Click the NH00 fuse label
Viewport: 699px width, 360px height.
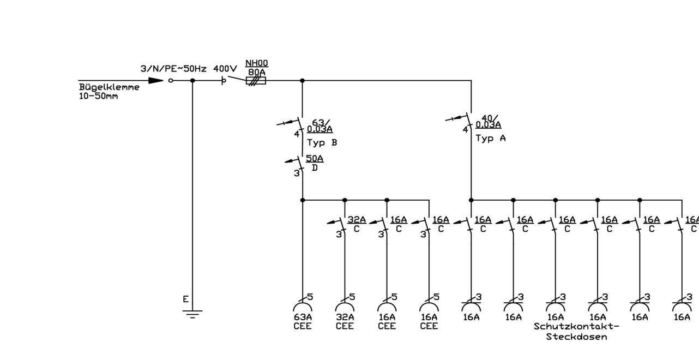click(x=256, y=63)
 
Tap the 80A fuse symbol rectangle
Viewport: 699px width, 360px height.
click(x=256, y=81)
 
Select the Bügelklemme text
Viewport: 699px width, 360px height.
click(x=109, y=87)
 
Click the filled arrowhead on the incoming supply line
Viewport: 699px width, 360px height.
click(x=156, y=81)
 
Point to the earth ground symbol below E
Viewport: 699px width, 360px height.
click(x=192, y=314)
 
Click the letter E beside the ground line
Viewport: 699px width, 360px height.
click(x=186, y=299)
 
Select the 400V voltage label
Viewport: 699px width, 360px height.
click(x=225, y=69)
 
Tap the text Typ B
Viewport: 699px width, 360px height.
click(x=322, y=143)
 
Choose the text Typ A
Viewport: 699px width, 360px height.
click(x=491, y=138)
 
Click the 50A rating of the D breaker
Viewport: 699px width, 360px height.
click(x=315, y=158)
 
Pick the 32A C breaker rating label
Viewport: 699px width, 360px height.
click(x=357, y=219)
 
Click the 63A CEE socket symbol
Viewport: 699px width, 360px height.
click(x=303, y=307)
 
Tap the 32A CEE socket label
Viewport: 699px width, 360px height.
click(x=345, y=322)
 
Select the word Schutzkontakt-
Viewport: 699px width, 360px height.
click(x=576, y=327)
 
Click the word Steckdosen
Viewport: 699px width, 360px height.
click(x=576, y=337)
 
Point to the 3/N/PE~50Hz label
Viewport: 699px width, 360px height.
click(x=173, y=69)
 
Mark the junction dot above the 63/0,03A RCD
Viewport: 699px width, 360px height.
click(x=302, y=81)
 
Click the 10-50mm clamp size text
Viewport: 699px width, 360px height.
click(x=98, y=96)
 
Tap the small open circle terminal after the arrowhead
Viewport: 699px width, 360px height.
click(x=171, y=81)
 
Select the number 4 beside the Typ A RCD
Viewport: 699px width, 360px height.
click(x=465, y=129)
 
